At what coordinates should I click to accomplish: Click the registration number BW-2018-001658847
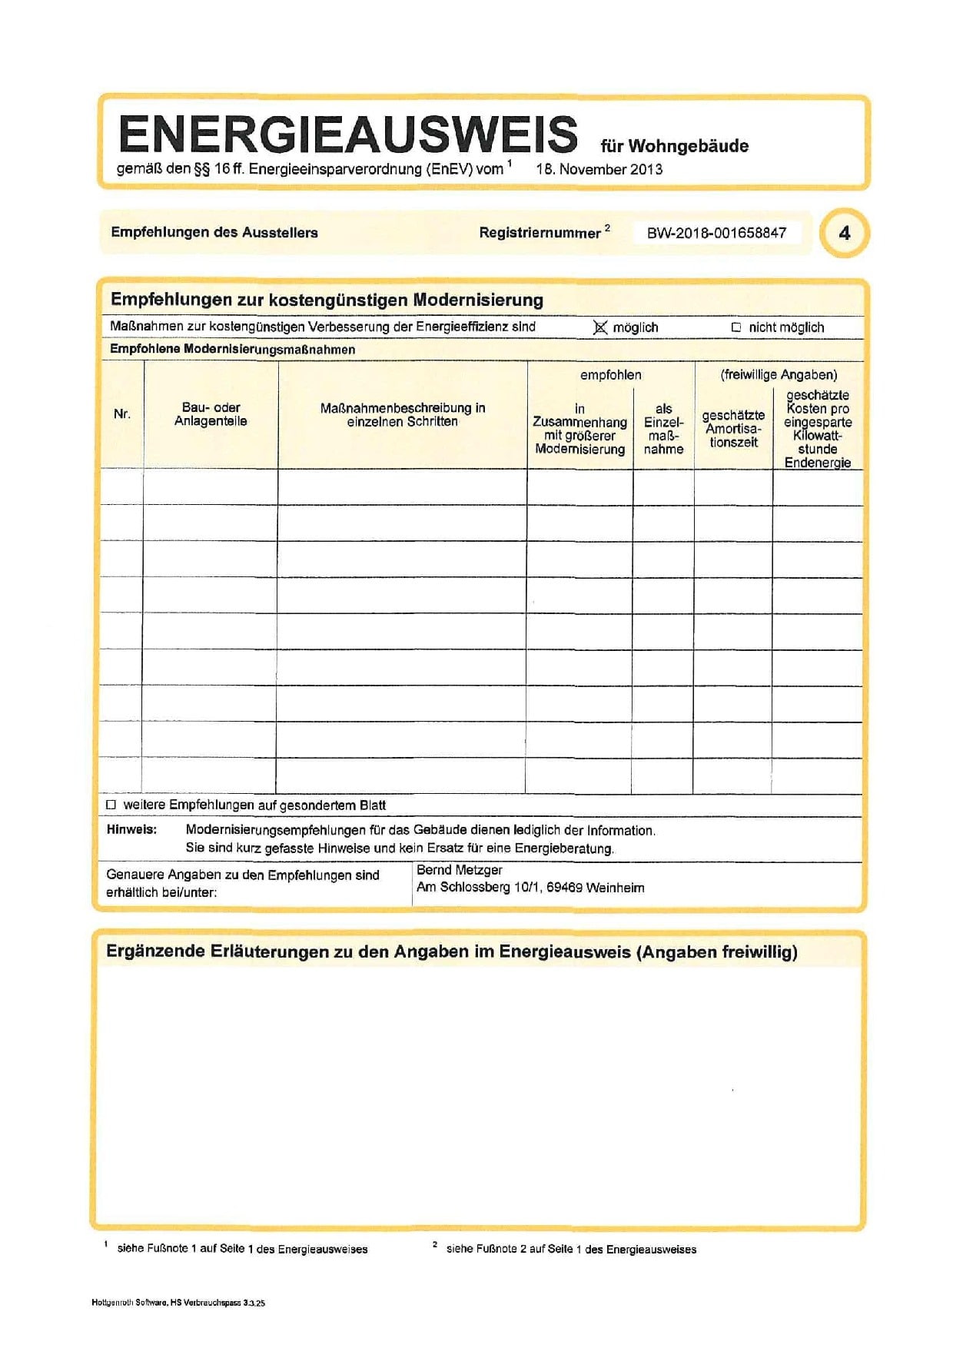(x=716, y=233)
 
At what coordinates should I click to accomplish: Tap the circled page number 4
(x=844, y=233)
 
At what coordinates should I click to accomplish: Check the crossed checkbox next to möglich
(x=600, y=327)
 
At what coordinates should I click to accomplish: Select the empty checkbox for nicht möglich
(x=736, y=327)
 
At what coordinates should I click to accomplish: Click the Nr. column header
(x=121, y=414)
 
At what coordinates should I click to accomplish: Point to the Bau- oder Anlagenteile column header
(x=211, y=414)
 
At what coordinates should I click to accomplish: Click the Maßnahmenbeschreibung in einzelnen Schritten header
(x=402, y=415)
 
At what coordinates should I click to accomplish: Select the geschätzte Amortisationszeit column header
(x=733, y=429)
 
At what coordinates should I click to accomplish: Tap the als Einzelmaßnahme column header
(x=663, y=429)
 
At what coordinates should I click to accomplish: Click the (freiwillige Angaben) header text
(x=779, y=375)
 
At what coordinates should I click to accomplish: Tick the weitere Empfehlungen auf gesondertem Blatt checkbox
(x=111, y=805)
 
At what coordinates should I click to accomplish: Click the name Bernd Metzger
(x=459, y=870)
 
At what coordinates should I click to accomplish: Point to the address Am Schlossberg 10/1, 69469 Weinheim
(x=530, y=888)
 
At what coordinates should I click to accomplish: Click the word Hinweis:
(x=131, y=830)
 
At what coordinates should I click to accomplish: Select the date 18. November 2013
(x=599, y=170)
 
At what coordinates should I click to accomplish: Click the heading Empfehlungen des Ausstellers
(x=214, y=232)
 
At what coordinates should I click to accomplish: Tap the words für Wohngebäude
(x=674, y=146)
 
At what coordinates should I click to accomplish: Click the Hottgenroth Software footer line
(x=178, y=1303)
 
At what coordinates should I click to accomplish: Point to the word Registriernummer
(x=540, y=233)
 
